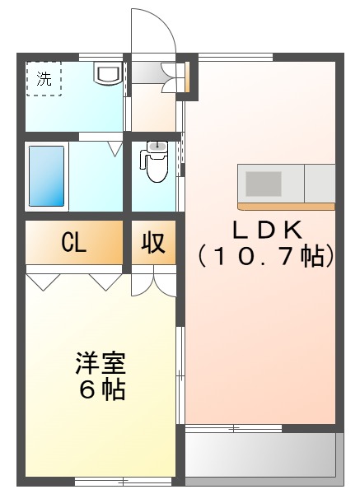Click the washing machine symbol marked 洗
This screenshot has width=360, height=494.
(x=43, y=80)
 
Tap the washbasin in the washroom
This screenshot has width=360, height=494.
(x=108, y=74)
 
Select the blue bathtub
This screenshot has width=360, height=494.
(x=46, y=175)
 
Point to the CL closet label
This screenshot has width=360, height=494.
(x=74, y=243)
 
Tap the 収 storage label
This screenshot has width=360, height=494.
(x=153, y=243)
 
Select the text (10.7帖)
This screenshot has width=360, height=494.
(x=266, y=256)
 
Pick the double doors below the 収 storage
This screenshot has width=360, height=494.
(x=153, y=282)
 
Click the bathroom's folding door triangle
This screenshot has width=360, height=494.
(x=115, y=147)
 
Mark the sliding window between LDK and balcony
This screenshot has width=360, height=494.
(x=234, y=428)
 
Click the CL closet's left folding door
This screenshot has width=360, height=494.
(x=44, y=281)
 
